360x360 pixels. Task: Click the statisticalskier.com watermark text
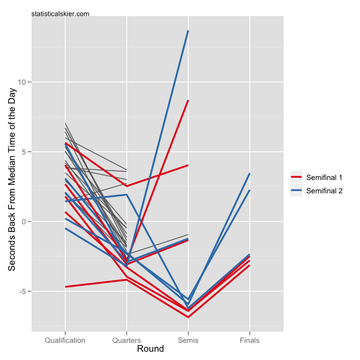coord(60,13)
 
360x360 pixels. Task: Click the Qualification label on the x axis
coord(65,340)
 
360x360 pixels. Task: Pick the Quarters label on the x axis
coord(127,340)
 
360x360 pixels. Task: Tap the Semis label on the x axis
coord(188,340)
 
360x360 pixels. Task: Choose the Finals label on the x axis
coord(250,340)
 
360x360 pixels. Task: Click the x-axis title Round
coord(150,349)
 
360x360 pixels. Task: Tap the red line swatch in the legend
coord(296,177)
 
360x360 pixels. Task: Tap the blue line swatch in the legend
coord(296,191)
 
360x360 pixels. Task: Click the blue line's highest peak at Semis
coord(188,31)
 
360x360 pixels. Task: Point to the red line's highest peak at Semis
coord(188,101)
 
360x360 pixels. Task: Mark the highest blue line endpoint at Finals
coord(250,174)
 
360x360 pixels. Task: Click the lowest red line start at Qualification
coord(65,287)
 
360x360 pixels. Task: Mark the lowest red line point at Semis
coord(188,317)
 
